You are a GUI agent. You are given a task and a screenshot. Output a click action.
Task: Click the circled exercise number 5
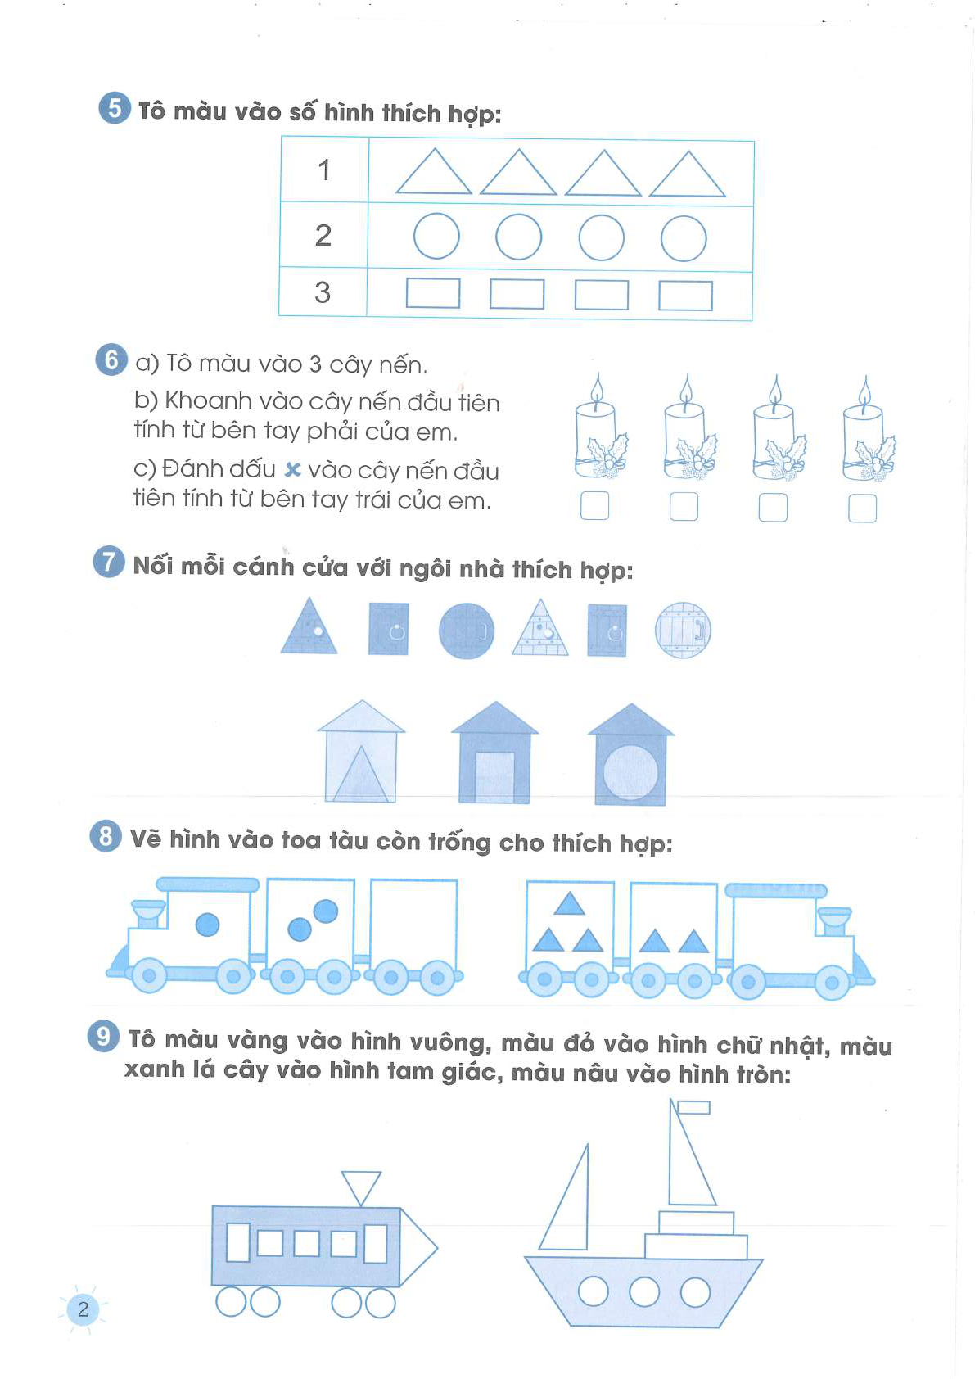pos(115,108)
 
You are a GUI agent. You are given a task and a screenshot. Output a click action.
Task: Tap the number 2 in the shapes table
pos(323,235)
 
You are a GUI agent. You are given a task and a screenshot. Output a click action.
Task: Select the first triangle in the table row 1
pos(433,172)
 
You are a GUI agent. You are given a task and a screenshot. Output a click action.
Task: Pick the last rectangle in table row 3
pos(686,296)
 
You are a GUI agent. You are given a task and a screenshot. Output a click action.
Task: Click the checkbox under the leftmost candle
pos(594,505)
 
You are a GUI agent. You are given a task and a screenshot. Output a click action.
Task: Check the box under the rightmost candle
pos(862,509)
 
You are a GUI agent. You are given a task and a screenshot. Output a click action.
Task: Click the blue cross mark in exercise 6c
pos(292,470)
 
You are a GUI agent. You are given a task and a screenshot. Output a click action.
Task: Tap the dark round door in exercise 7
pos(467,631)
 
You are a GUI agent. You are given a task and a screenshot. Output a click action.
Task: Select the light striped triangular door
pos(539,629)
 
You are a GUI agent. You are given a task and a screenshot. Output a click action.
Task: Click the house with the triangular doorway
pos(361,751)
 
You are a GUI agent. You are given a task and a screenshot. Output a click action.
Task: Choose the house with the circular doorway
pos(630,755)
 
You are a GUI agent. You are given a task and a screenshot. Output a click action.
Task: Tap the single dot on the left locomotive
pos(207,924)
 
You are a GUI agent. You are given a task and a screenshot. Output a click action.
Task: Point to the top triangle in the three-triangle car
pos(569,904)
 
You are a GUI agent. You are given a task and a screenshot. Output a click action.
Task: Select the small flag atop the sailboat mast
pos(693,1107)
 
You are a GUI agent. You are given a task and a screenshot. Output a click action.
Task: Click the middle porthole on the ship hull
pos(644,1291)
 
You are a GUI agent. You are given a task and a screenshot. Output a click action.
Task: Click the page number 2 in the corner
pos(84,1309)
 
